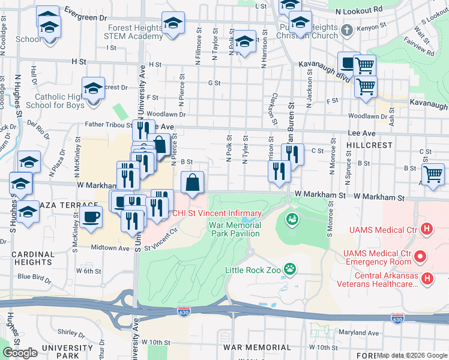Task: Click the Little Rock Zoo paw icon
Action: pos(290,269)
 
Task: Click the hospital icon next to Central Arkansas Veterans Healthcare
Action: pos(427,278)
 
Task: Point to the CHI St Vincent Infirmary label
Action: pos(217,214)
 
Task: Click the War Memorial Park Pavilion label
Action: pos(235,230)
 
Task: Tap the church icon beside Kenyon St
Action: pos(346,29)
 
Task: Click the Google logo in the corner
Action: pos(20,353)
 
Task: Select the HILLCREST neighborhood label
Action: pos(369,145)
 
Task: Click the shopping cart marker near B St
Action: pos(433,175)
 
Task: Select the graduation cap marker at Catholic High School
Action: pos(94,89)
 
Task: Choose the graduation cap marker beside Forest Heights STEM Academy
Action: pos(173,23)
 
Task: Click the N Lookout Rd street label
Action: pos(359,11)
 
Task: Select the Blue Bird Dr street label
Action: pos(36,277)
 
